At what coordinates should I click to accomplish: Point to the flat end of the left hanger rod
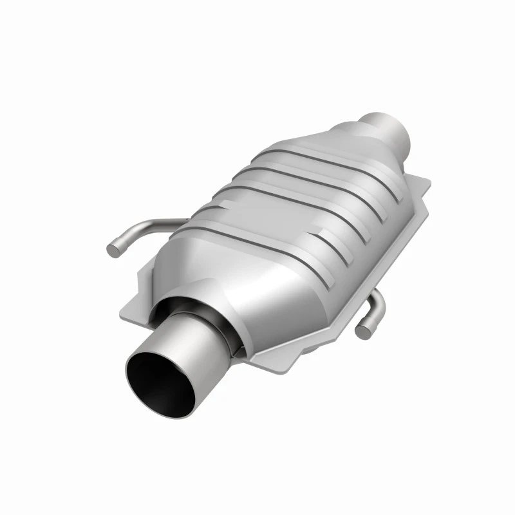click(113, 247)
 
